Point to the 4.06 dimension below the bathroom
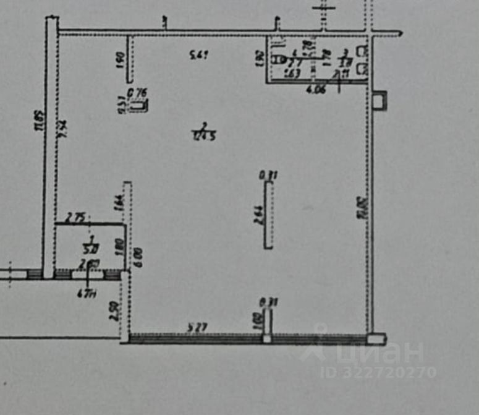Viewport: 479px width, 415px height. (x=315, y=88)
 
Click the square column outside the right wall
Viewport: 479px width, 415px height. (x=379, y=99)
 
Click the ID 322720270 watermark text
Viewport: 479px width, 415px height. (x=378, y=372)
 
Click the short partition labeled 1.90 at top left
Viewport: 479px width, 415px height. (x=130, y=59)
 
